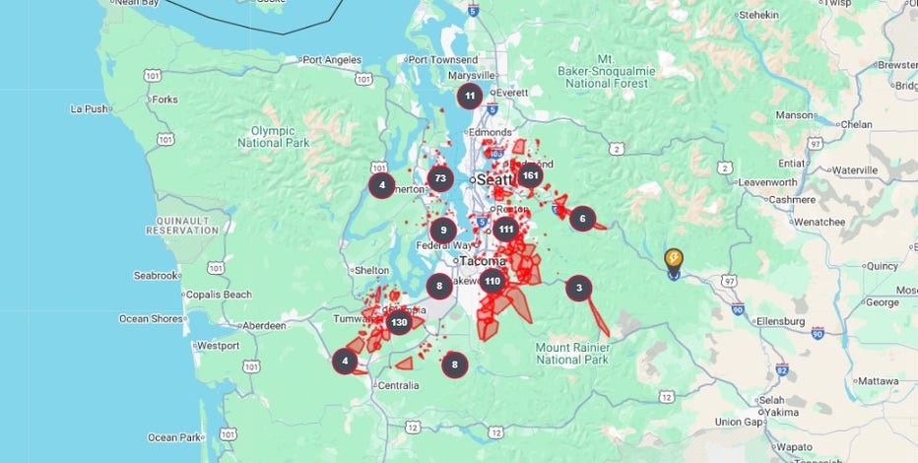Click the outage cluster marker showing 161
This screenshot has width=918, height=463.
coord(530,176)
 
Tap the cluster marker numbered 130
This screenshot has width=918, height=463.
coord(399,322)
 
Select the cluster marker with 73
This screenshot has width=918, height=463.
coord(440,179)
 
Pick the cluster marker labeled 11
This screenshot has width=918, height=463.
coord(470,97)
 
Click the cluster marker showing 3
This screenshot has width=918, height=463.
coord(578,289)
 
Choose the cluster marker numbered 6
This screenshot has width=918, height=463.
coord(582,219)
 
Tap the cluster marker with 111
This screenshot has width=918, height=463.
coord(505,230)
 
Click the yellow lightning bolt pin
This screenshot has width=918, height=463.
coord(674,259)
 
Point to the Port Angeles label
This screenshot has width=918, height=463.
coord(332,60)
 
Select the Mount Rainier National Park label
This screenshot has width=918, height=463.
coord(572,353)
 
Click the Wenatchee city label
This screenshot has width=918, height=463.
coord(816,222)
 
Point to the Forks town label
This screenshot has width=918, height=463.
coord(164,99)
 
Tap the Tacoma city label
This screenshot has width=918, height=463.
coord(483,261)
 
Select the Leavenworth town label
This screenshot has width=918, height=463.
coord(766,182)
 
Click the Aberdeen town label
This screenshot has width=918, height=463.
coord(261,325)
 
